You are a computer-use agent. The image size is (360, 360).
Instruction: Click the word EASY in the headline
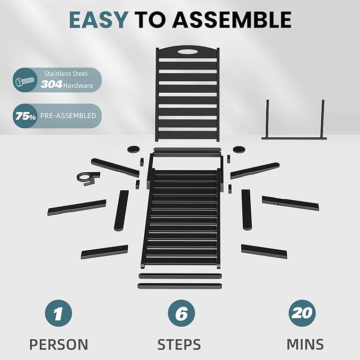(99, 20)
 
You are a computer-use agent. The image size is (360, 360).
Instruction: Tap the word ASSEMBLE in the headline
(232, 20)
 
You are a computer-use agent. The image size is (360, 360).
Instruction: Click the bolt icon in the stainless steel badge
(24, 81)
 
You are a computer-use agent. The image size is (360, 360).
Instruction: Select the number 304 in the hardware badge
(51, 84)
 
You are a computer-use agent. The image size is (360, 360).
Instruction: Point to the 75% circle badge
(25, 116)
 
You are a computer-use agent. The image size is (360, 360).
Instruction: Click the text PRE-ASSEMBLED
(68, 116)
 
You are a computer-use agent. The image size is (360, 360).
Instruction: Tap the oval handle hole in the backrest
(188, 51)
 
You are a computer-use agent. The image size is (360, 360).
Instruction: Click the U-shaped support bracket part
(294, 138)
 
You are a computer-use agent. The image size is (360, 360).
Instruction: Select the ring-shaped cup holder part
(82, 177)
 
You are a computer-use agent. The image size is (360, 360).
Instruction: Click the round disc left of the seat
(134, 149)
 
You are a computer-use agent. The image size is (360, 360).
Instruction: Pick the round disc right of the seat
(239, 150)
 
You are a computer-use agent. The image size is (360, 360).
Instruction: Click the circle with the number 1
(58, 313)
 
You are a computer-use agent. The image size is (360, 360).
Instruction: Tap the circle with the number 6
(181, 313)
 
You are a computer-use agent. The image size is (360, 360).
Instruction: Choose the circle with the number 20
(302, 313)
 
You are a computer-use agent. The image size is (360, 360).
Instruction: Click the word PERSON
(59, 345)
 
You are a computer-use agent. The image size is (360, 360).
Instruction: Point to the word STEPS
(179, 345)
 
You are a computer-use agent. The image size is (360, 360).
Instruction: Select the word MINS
(305, 344)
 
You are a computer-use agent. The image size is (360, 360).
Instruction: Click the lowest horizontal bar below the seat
(180, 286)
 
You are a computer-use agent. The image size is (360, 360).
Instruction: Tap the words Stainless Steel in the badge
(66, 74)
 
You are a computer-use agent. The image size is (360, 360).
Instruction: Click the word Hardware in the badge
(78, 86)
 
